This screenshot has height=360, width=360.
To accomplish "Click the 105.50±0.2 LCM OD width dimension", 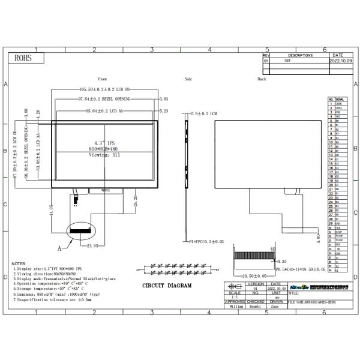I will pyautogui.click(x=106, y=89).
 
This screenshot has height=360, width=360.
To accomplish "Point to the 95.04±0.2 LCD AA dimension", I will pyautogui.click(x=106, y=111).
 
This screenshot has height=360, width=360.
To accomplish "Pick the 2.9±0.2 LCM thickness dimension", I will pyautogui.click(x=204, y=113).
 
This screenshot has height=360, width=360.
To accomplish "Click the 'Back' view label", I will pyautogui.click(x=262, y=79).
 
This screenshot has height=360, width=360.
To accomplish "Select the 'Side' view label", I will pyautogui.click(x=188, y=79).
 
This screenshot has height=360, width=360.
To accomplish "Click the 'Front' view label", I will pyautogui.click(x=103, y=79).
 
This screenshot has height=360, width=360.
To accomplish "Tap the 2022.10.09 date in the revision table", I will pyautogui.click(x=342, y=61).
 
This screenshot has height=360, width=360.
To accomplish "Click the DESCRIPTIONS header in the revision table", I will pyautogui.click(x=300, y=55).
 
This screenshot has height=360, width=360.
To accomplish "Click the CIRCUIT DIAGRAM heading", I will pyautogui.click(x=167, y=286).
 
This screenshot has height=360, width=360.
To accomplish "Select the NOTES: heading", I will pyautogui.click(x=19, y=263).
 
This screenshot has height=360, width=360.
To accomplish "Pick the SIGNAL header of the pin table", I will pyautogui.click(x=340, y=99).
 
